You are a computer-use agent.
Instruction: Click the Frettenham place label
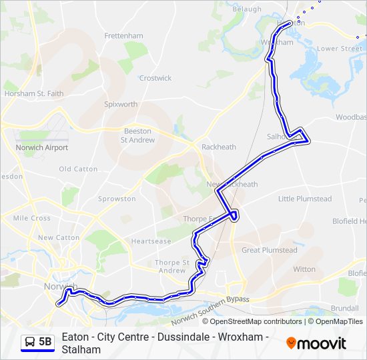123,35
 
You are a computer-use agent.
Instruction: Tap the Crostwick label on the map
155,78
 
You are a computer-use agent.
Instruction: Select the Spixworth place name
121,105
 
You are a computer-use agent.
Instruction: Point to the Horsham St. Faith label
34,94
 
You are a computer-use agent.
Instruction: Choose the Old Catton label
78,169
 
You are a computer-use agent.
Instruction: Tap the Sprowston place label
117,199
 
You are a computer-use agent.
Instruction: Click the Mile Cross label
31,218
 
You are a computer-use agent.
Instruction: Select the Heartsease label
151,241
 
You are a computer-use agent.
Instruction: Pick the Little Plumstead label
304,199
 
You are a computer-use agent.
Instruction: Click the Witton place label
304,269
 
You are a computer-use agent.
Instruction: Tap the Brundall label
344,309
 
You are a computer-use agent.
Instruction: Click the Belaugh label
247,9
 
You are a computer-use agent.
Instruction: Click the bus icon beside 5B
31,342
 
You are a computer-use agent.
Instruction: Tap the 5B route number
45,342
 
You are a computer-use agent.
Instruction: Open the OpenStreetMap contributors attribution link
256,321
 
